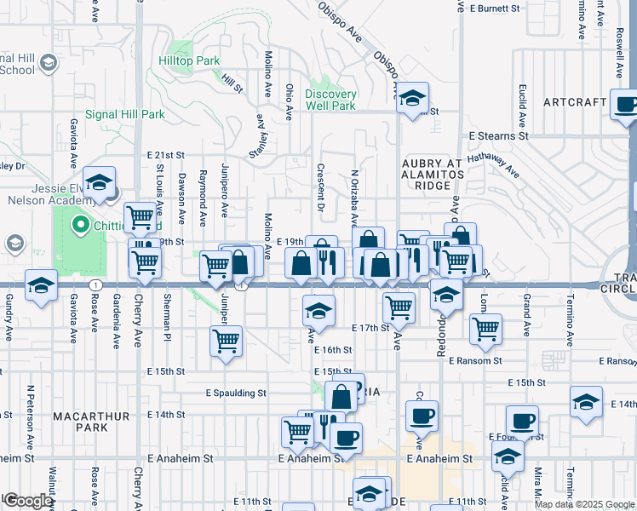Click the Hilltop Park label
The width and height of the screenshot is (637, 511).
pyautogui.click(x=189, y=60)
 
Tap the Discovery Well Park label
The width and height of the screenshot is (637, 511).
pyautogui.click(x=330, y=100)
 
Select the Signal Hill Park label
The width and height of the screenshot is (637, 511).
pyautogui.click(x=124, y=114)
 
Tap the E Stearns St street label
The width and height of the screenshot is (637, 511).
pyautogui.click(x=498, y=135)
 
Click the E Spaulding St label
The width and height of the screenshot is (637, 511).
pyautogui.click(x=236, y=393)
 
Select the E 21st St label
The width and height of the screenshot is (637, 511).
pyautogui.click(x=165, y=155)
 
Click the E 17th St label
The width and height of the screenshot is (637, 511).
pyautogui.click(x=370, y=327)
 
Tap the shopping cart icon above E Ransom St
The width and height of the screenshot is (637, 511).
pyautogui.click(x=485, y=329)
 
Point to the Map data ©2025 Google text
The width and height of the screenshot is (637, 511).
pyautogui.click(x=584, y=504)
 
